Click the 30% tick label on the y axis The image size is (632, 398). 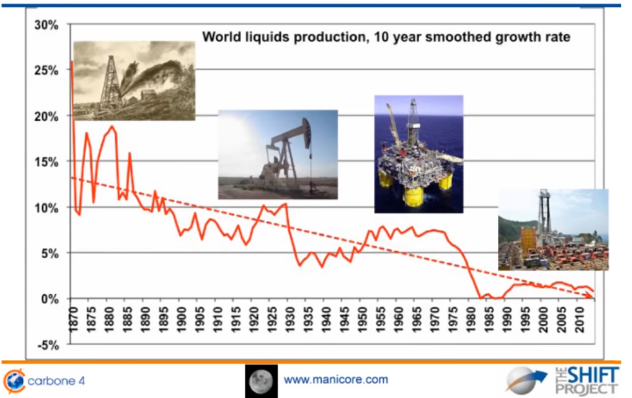pyautogui.click(x=46, y=25)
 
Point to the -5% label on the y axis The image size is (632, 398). pyautogui.click(x=48, y=345)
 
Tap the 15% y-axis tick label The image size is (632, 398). pyautogui.click(x=46, y=162)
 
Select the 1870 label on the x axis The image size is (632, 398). pyautogui.click(x=73, y=320)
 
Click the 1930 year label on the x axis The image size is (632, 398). pyautogui.click(x=290, y=320)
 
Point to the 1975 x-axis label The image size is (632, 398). pyautogui.click(x=453, y=320)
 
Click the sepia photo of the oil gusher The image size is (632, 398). pyautogui.click(x=134, y=81)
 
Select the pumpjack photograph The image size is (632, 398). pyautogui.click(x=278, y=154)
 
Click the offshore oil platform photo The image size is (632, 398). pyautogui.click(x=419, y=154)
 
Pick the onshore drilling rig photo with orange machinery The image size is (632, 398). pyautogui.click(x=554, y=230)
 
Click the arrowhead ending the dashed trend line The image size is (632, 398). pyautogui.click(x=589, y=295)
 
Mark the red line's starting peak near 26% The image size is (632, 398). pyautogui.click(x=72, y=61)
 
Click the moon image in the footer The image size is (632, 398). pyautogui.click(x=261, y=381)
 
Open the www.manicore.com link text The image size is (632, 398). pyautogui.click(x=336, y=379)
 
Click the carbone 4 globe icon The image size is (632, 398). pyautogui.click(x=14, y=381)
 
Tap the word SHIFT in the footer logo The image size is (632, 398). pyautogui.click(x=593, y=375)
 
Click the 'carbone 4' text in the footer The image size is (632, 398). pyautogui.click(x=56, y=381)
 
